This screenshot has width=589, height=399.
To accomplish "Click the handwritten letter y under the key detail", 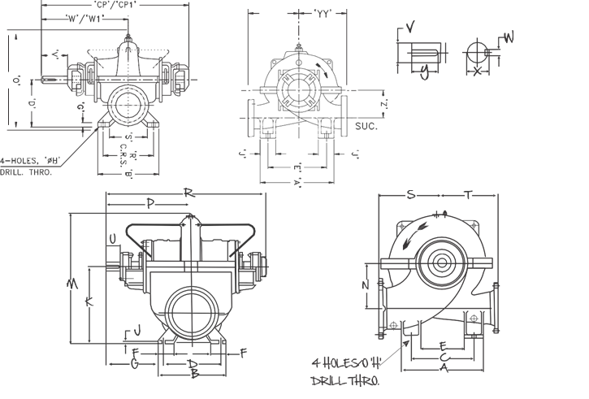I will click(x=424, y=72).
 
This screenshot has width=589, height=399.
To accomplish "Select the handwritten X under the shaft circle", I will click(x=477, y=72).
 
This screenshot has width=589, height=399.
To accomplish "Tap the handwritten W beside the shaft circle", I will click(x=509, y=37).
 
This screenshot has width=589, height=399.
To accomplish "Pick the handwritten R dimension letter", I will click(x=188, y=193).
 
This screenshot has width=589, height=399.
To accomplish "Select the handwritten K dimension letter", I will click(x=89, y=302).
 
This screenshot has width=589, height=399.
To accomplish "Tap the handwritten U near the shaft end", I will click(x=112, y=238).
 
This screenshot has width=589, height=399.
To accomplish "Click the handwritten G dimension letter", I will click(x=135, y=363).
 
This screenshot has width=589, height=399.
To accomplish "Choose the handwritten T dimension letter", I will click(x=468, y=194).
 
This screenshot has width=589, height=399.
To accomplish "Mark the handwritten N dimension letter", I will click(x=366, y=285).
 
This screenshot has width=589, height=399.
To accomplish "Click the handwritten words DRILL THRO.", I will click(x=344, y=379).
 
